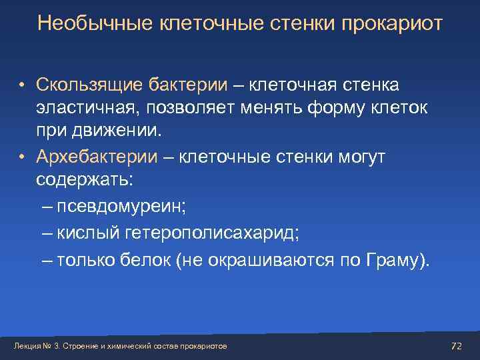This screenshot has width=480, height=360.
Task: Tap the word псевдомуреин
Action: click(x=121, y=206)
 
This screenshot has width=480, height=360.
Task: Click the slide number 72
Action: click(x=457, y=345)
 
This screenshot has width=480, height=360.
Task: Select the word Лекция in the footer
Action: click(x=25, y=346)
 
